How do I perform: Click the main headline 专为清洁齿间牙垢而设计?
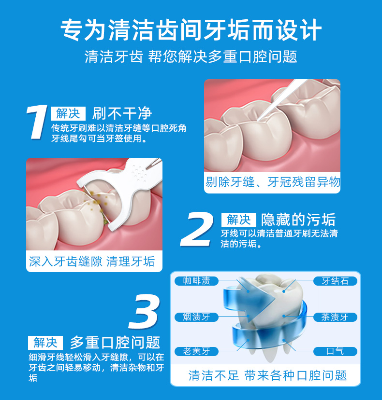(x=191, y=30)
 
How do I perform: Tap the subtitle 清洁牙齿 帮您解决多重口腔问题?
(x=191, y=57)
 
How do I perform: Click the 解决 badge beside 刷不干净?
(x=68, y=113)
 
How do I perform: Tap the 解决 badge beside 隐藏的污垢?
(x=238, y=220)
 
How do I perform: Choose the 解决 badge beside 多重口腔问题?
(x=45, y=343)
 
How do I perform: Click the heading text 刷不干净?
(x=122, y=113)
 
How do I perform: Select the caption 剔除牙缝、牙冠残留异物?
(x=272, y=182)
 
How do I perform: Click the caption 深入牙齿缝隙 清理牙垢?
(x=92, y=262)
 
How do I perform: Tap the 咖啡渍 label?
(x=196, y=281)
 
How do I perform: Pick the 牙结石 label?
(x=335, y=281)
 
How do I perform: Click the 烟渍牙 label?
(x=196, y=317)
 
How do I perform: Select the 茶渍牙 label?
(x=335, y=317)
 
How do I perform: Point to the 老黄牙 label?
(x=196, y=351)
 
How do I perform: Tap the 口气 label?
(x=335, y=351)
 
